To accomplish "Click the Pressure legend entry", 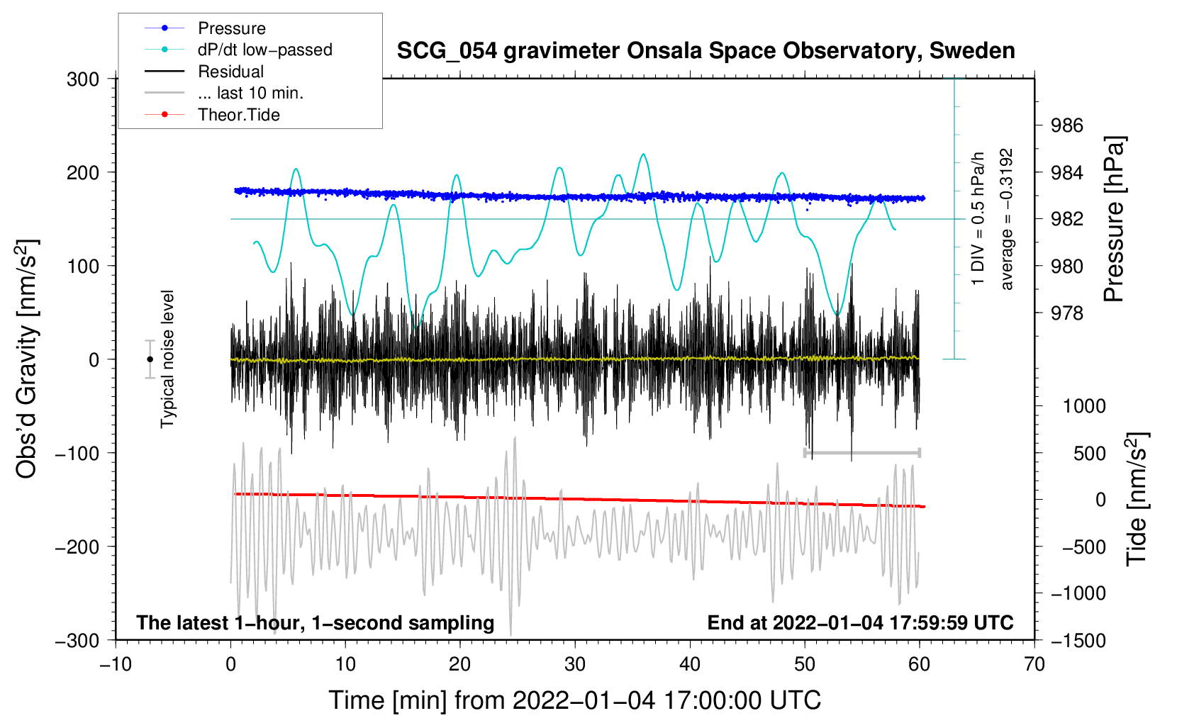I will click(231, 28).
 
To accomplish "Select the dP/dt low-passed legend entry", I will click(264, 50).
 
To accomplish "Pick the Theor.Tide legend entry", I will click(238, 115).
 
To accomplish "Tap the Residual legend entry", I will click(230, 72).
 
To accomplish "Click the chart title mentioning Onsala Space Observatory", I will click(705, 51).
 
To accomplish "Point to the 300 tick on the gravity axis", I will click(83, 79).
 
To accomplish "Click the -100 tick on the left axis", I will click(77, 453).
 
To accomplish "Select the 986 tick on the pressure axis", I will click(1067, 125).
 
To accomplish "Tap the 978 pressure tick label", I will click(1067, 313).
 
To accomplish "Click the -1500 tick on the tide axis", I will click(1078, 640).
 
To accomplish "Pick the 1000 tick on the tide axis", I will click(1084, 406).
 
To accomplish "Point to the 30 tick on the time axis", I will click(575, 664).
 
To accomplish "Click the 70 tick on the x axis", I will click(1034, 664).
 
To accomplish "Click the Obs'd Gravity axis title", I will click(28, 359).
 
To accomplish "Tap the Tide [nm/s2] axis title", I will click(1137, 498).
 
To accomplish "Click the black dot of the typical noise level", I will click(150, 359).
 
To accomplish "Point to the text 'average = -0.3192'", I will click(1007, 219).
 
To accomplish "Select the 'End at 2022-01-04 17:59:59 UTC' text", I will click(860, 622).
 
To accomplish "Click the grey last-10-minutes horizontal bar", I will click(861, 452).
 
